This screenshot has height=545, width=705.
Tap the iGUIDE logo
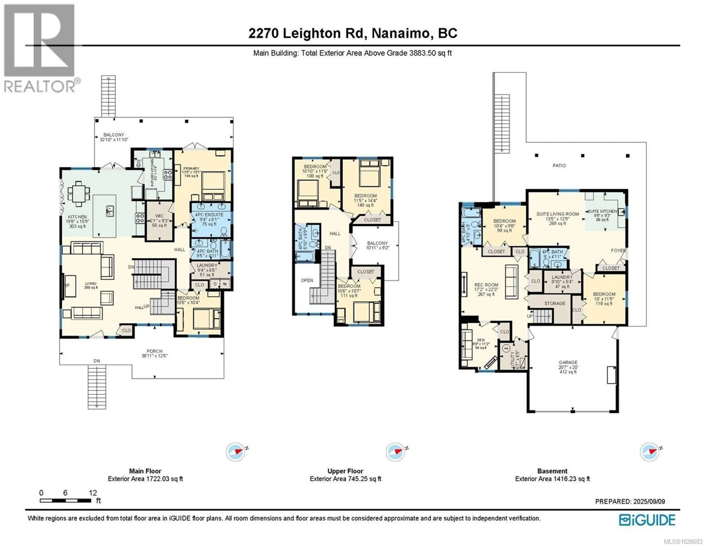pyautogui.click(x=647, y=520)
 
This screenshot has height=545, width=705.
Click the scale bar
pyautogui.click(x=66, y=500)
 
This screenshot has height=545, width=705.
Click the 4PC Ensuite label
pyautogui.click(x=209, y=215)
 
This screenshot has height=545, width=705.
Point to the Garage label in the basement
pyautogui.click(x=568, y=362)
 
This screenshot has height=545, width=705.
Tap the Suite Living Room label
pyautogui.click(x=557, y=214)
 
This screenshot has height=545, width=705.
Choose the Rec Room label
pyautogui.click(x=486, y=285)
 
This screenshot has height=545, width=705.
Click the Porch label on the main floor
pyautogui.click(x=154, y=351)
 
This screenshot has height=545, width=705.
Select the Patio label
pyautogui.click(x=559, y=165)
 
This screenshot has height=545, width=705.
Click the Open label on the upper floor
pyautogui.click(x=307, y=280)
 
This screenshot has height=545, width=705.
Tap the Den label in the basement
pyautogui.click(x=481, y=340)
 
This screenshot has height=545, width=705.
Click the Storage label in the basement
pyautogui.click(x=555, y=303)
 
